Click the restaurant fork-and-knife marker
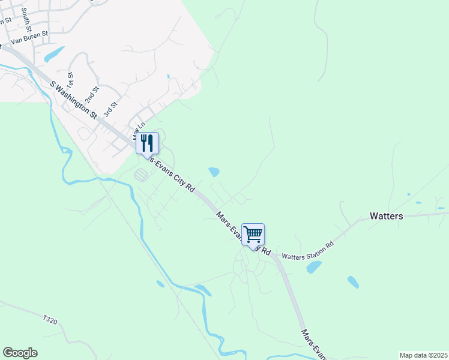pyautogui.click(x=147, y=143)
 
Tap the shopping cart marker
pyautogui.click(x=253, y=234)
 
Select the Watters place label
pyautogui.click(x=386, y=216)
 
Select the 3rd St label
pyautogui.click(x=109, y=109)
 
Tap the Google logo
pyautogui.click(x=20, y=353)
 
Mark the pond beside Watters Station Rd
pyautogui.click(x=314, y=267)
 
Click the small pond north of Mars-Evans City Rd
pyautogui.click(x=214, y=172)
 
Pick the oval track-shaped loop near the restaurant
pyautogui.click(x=141, y=175)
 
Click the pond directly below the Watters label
pyautogui.click(x=353, y=281)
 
